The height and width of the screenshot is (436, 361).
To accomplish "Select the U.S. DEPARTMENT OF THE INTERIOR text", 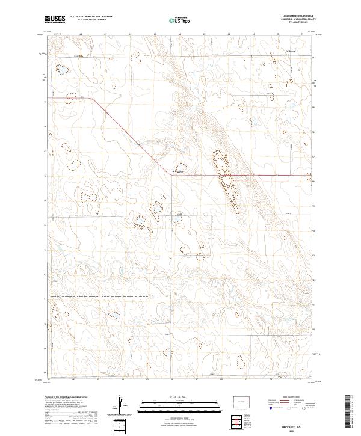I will [x=91, y=17].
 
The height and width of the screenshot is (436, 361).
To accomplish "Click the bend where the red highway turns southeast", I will [x=90, y=98].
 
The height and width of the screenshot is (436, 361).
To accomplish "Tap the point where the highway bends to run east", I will [x=170, y=175].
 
